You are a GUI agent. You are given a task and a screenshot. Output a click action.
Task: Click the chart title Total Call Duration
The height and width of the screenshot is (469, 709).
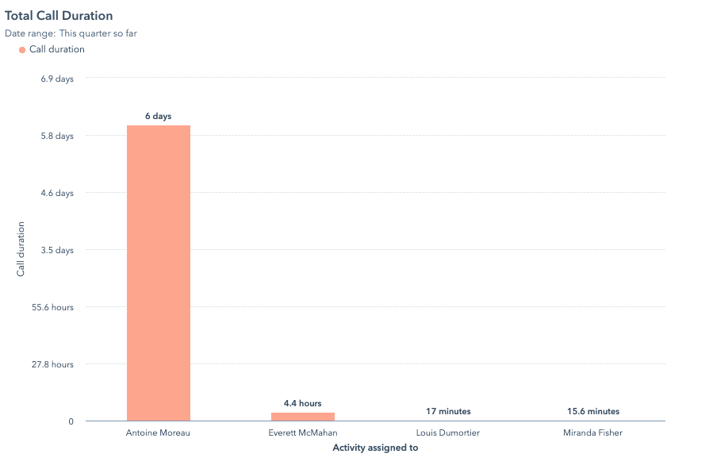coord(59,16)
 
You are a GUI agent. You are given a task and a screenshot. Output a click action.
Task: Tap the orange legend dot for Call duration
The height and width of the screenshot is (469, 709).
coord(22,50)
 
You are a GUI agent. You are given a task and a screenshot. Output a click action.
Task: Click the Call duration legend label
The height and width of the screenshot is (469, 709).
coord(56,49)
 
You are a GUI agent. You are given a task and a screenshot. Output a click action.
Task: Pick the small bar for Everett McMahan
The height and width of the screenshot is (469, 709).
coord(302,417)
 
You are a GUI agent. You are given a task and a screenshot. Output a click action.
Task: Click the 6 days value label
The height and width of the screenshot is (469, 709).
coord(158,117)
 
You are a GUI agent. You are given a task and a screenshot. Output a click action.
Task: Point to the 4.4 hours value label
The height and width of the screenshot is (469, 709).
coord(302,404)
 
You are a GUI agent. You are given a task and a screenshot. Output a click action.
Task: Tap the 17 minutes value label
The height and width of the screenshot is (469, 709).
coord(448,412)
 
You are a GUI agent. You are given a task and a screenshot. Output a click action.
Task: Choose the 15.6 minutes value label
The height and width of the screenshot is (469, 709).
coord(592,412)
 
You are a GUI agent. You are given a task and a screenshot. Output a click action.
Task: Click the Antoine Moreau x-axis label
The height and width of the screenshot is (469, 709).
coord(158,433)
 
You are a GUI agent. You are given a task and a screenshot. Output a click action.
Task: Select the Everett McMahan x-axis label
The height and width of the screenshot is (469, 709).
coord(302,433)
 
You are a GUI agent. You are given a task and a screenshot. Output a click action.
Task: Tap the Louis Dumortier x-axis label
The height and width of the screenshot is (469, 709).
coord(448,433)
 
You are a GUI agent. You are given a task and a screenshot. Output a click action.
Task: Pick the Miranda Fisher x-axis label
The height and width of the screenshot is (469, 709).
coord(592,433)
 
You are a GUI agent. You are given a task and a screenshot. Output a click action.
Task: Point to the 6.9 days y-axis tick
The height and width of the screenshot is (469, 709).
coord(57,79)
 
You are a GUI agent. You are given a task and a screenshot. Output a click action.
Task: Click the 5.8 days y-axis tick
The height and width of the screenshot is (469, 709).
coord(57,136)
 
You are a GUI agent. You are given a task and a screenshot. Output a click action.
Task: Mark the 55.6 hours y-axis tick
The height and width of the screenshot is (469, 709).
coord(52,307)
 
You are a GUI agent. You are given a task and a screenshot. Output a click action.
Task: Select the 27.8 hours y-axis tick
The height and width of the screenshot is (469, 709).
coord(52,364)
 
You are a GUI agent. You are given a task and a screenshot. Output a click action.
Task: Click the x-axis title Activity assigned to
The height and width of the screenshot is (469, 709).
coord(375,448)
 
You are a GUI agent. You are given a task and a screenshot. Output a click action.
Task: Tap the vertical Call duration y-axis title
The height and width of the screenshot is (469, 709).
coord(21,249)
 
